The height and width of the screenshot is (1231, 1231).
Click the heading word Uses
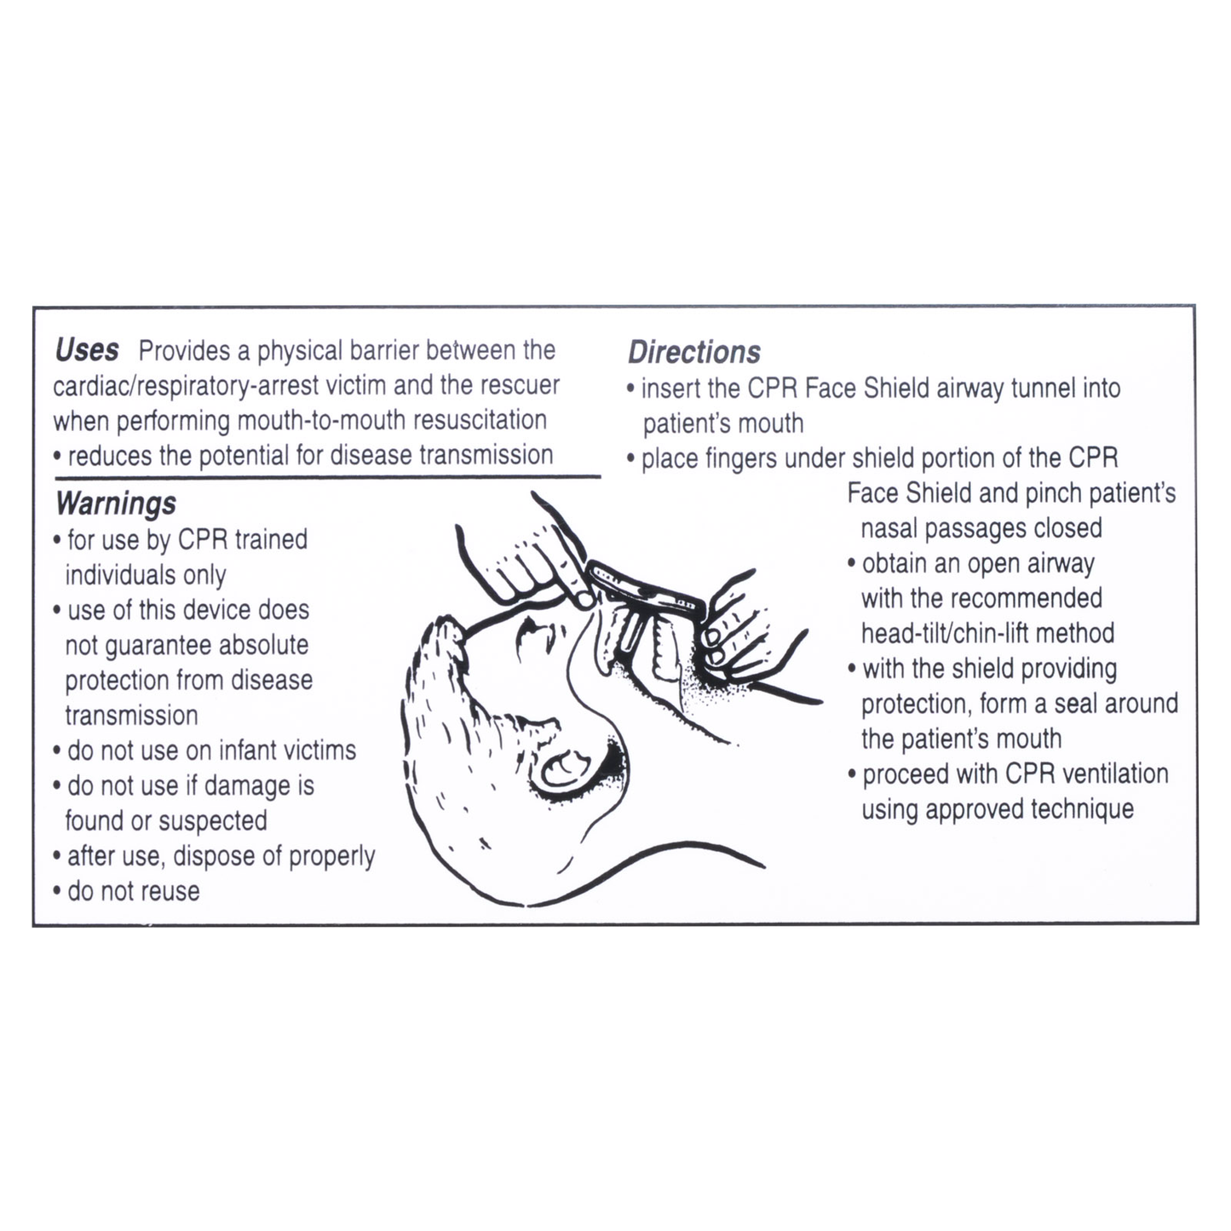(86, 350)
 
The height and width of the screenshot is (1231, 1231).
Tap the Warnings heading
(116, 503)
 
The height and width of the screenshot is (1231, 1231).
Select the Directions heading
(694, 352)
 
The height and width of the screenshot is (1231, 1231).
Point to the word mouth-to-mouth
(320, 421)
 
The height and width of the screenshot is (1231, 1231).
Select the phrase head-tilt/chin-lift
(987, 634)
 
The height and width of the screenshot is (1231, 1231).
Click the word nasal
(889, 528)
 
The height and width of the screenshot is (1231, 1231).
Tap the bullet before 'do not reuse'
(57, 893)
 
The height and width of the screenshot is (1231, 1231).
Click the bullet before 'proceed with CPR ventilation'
(852, 775)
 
